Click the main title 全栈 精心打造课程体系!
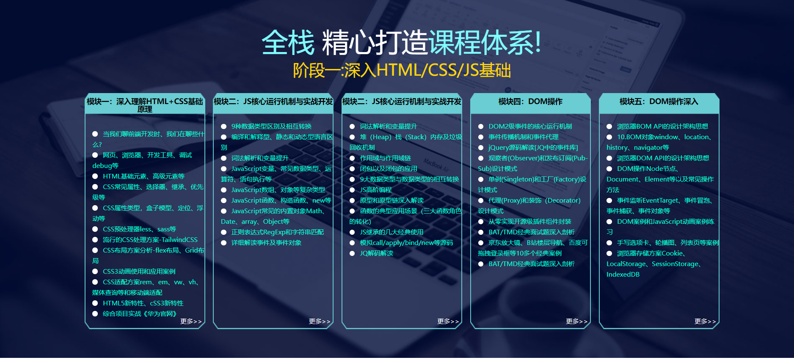(401, 43)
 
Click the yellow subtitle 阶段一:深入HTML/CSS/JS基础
(402, 70)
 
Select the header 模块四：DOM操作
(530, 102)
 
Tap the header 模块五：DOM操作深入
(659, 102)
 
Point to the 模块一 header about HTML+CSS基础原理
(145, 105)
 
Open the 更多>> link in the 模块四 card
(576, 322)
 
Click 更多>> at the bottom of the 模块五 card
(705, 322)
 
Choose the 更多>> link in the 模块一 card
(191, 322)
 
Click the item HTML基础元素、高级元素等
(144, 176)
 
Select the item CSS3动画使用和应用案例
(139, 272)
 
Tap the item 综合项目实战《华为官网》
(140, 314)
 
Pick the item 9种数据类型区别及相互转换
(271, 126)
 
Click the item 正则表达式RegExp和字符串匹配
(278, 232)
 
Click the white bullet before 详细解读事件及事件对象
(223, 243)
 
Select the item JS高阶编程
(376, 190)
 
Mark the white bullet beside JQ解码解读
(352, 253)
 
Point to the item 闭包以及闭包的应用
(389, 169)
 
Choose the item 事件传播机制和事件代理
(524, 137)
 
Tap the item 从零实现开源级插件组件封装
(530, 222)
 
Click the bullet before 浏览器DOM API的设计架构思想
(609, 158)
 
